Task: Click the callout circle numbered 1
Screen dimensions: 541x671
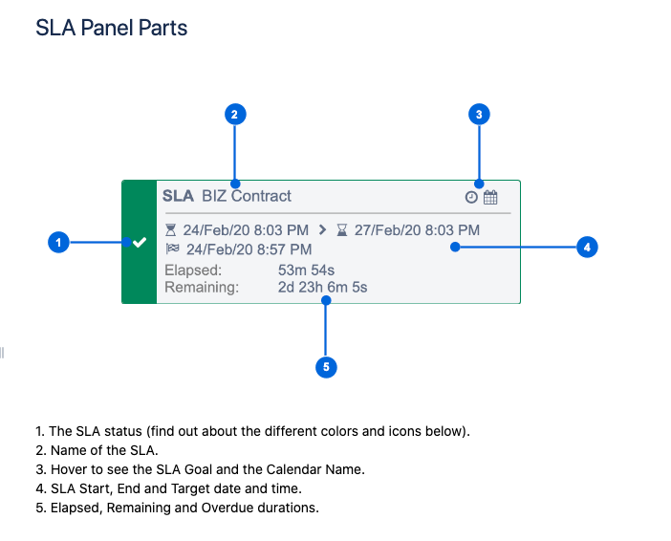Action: [x=59, y=243]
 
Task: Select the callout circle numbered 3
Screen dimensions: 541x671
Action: [x=480, y=115]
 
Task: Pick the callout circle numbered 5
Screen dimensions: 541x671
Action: [x=326, y=366]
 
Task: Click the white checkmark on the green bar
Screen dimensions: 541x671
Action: [x=140, y=243]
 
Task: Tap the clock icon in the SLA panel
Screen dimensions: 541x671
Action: [x=471, y=197]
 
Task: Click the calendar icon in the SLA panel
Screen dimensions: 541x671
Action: [x=490, y=197]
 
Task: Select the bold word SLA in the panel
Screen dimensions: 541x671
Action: [x=178, y=196]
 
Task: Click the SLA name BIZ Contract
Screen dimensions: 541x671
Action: [x=247, y=196]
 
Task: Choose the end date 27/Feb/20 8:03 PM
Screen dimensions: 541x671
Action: [x=417, y=229]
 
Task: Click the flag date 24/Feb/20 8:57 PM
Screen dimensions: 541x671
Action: [x=249, y=249]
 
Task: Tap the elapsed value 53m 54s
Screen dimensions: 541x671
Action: [x=306, y=270]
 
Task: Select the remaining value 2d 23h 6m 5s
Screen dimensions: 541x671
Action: [x=322, y=287]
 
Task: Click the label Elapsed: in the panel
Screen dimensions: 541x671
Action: [x=193, y=270]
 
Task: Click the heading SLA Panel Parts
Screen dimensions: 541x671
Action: [x=112, y=28]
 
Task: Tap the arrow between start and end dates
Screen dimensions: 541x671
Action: [x=322, y=229]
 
